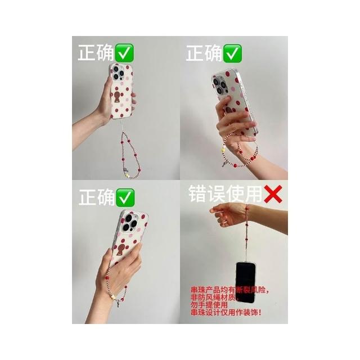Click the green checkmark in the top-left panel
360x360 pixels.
124,52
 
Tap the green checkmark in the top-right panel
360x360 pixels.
232,53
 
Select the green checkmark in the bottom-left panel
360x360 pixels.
125,197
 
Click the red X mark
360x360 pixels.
273,194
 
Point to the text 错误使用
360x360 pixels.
226,194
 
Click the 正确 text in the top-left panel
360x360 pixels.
96,53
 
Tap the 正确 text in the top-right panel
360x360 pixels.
204,53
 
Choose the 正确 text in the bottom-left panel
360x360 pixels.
97,197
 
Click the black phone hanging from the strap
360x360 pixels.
245,282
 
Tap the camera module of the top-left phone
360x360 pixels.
118,73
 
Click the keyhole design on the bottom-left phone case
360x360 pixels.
121,250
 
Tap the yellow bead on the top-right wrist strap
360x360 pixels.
223,150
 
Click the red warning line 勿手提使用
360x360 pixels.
209,305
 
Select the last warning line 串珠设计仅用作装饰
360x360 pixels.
226,312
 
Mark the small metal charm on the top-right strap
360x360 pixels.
224,164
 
